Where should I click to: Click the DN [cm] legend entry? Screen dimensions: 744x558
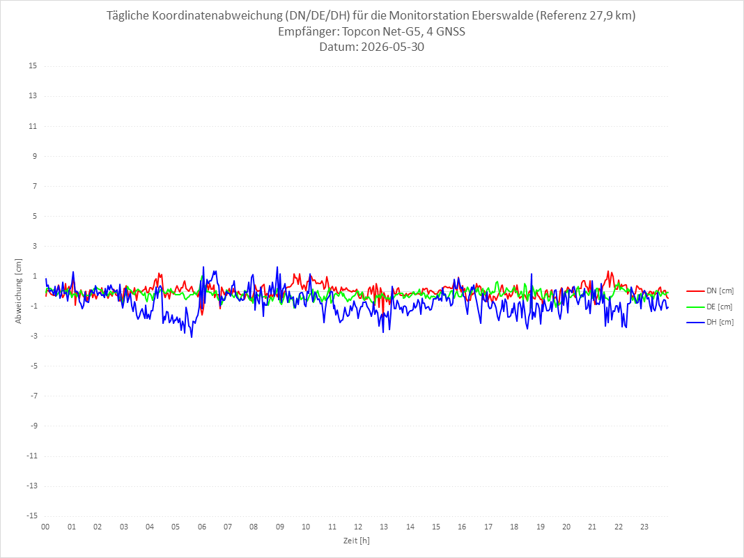pyautogui.click(x=710, y=291)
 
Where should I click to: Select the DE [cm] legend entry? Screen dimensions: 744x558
pyautogui.click(x=710, y=307)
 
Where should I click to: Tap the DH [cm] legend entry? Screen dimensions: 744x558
pyautogui.click(x=710, y=322)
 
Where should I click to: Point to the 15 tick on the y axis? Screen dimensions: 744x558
pyautogui.click(x=33, y=66)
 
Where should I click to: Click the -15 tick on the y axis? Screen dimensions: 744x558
pyautogui.click(x=31, y=516)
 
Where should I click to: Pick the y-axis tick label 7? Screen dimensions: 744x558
pyautogui.click(x=35, y=186)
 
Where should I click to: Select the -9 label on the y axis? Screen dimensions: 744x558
pyautogui.click(x=33, y=426)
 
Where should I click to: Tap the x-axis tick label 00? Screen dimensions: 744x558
pyautogui.click(x=45, y=527)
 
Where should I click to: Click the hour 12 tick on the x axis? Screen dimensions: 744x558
pyautogui.click(x=358, y=527)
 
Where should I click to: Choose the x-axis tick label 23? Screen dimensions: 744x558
pyautogui.click(x=644, y=527)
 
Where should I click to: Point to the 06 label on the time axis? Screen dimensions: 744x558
pyautogui.click(x=202, y=527)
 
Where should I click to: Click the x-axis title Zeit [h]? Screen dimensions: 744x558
pyautogui.click(x=357, y=541)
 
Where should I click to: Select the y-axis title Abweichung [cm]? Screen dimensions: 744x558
pyautogui.click(x=19, y=291)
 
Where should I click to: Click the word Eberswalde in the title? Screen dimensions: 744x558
pyautogui.click(x=502, y=15)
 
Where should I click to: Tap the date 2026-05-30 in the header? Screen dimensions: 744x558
pyautogui.click(x=392, y=47)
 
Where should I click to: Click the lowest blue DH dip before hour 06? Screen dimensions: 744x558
pyautogui.click(x=192, y=337)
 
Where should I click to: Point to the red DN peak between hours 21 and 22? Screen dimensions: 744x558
pyautogui.click(x=608, y=272)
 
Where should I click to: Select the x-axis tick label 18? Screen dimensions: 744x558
pyautogui.click(x=514, y=527)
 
